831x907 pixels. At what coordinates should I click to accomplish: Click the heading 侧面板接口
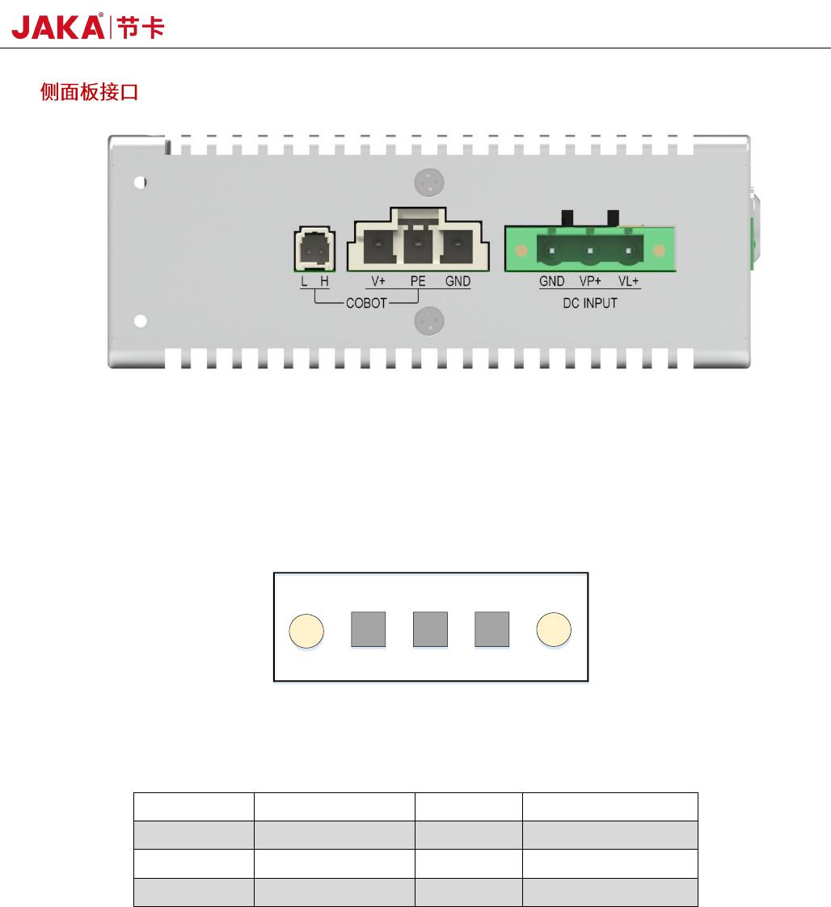tap(89, 93)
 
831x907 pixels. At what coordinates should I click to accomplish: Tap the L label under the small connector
tap(303, 282)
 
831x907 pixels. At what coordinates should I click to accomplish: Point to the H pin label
tap(324, 282)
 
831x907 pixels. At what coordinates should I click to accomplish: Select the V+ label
tap(378, 282)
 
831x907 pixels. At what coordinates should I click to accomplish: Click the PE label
tap(417, 282)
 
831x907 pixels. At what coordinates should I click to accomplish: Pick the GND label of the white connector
tap(458, 282)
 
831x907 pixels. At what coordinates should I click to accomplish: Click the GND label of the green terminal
tap(552, 282)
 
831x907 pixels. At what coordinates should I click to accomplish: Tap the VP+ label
tap(590, 282)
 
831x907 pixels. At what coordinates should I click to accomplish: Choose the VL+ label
tap(629, 282)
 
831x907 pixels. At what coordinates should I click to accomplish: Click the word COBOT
tap(366, 304)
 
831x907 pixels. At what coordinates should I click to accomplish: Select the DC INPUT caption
tap(590, 304)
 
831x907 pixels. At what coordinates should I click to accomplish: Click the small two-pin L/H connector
tap(314, 250)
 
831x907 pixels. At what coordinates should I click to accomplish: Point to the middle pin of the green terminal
tap(590, 251)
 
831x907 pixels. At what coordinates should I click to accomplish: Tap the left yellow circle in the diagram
tap(307, 632)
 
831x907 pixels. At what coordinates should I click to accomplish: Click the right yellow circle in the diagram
tap(555, 632)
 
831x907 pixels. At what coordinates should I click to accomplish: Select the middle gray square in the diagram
tap(430, 630)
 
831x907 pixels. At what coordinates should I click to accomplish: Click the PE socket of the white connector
tap(417, 246)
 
